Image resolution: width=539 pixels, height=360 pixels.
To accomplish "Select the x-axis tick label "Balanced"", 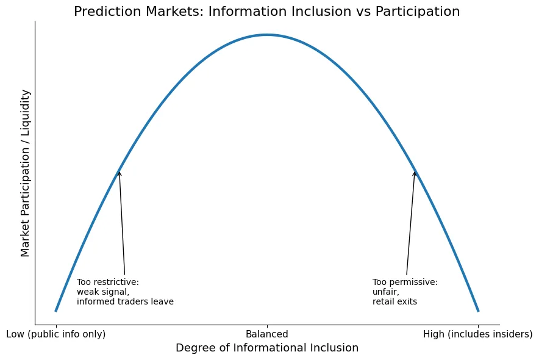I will click(267, 334).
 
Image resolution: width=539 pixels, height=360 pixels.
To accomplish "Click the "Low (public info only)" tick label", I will click(56, 334).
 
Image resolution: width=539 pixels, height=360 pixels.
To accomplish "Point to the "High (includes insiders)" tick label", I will click(478, 334).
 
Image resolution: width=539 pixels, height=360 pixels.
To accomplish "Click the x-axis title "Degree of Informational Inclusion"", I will click(267, 348).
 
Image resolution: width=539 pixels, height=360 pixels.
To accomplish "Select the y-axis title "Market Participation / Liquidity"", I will click(25, 173).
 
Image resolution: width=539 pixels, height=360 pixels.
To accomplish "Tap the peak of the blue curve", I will click(267, 35).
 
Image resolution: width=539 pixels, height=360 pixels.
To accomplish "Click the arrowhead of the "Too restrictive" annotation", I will click(119, 172).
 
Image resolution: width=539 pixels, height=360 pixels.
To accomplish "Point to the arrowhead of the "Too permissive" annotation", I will click(415, 172).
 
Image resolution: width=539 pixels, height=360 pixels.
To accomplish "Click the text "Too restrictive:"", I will click(108, 282).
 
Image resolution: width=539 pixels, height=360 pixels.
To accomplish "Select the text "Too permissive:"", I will click(405, 282).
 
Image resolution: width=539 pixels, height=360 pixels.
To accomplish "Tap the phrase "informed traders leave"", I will click(125, 301).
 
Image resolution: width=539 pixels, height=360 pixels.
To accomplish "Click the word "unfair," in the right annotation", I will click(386, 292).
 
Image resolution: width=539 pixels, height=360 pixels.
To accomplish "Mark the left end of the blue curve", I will click(55, 311).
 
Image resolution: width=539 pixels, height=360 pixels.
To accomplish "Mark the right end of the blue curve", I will click(479, 311).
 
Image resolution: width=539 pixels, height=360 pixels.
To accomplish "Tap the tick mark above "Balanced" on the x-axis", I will click(267, 326).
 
